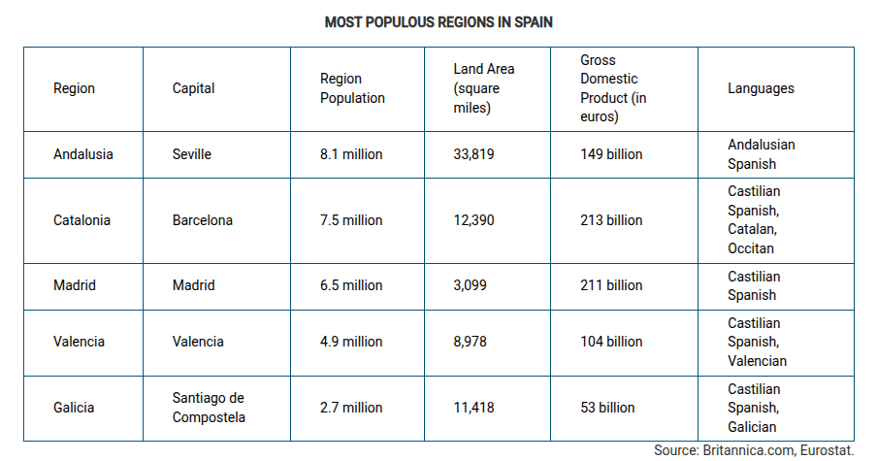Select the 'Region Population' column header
(352, 88)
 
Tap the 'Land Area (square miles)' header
(483, 88)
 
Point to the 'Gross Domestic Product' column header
(614, 88)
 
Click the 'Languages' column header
(761, 88)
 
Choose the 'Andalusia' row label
(83, 154)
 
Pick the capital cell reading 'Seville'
(192, 154)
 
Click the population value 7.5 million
(351, 220)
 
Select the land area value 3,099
(470, 285)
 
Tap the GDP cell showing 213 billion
(611, 220)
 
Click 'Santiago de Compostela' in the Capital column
(209, 408)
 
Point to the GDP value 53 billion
(607, 408)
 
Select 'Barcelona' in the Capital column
(203, 220)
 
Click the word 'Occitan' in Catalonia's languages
(751, 248)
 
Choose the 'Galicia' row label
(74, 408)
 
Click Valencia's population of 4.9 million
(351, 342)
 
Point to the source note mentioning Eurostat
(753, 450)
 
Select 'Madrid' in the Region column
(75, 285)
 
